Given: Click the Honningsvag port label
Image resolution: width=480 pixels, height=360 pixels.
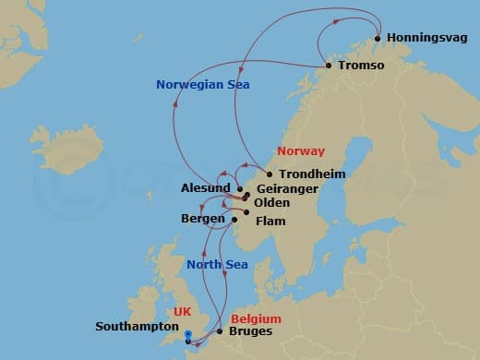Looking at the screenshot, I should tap(426, 39).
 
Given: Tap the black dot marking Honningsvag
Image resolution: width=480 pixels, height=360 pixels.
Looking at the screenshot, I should tap(378, 39).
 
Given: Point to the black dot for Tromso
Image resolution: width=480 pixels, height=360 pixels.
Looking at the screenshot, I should tap(330, 66).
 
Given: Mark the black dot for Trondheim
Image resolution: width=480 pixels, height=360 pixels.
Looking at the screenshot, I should tap(270, 174).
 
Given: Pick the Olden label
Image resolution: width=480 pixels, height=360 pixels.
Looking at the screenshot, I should tap(271, 203).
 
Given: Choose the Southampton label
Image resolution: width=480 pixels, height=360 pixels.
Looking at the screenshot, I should tap(137, 327).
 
